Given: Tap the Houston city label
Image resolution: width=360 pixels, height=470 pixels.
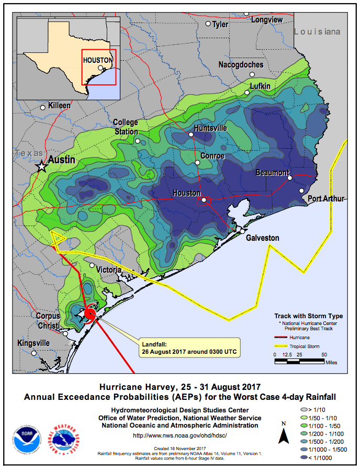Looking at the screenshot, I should [187, 193].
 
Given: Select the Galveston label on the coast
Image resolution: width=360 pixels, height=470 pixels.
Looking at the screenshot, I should [263, 238].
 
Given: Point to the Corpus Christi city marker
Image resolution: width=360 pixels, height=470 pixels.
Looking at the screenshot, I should [65, 333].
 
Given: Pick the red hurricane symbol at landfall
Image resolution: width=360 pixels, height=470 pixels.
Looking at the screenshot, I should [89, 315].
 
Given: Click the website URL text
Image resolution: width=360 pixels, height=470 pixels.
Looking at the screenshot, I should [180, 435].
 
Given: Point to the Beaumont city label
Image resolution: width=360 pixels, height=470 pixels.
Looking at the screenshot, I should [272, 173].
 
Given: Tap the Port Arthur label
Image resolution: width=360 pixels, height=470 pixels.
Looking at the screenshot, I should [325, 198].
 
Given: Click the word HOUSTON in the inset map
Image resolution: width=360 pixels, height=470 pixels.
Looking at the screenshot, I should [98, 60].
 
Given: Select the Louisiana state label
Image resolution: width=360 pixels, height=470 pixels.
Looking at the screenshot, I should [317, 32].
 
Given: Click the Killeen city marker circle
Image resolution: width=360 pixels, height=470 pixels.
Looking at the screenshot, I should [43, 107].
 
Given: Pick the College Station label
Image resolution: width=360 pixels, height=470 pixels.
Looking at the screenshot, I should [126, 127].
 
